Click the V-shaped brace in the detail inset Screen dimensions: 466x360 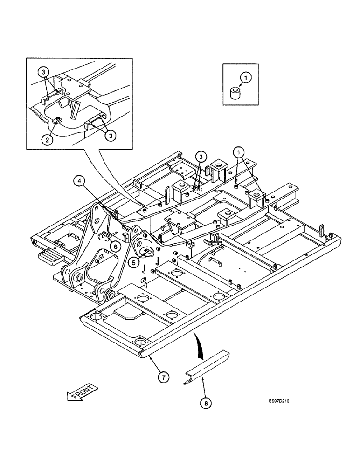click(74, 109)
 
